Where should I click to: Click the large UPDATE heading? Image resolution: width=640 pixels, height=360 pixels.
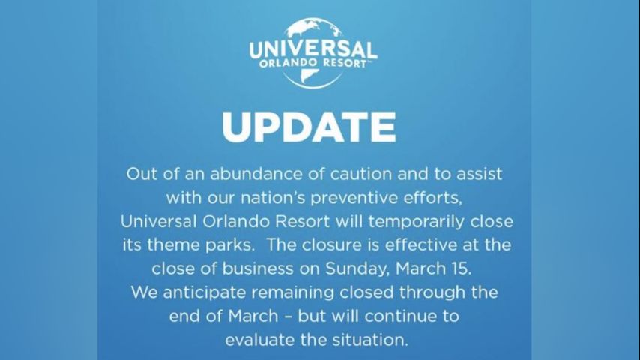(x=309, y=127)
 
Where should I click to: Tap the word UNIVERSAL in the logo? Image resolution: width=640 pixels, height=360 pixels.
(x=313, y=49)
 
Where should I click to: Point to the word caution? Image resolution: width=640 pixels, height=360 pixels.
(x=361, y=174)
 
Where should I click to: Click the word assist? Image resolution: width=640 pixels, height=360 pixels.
(x=479, y=174)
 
